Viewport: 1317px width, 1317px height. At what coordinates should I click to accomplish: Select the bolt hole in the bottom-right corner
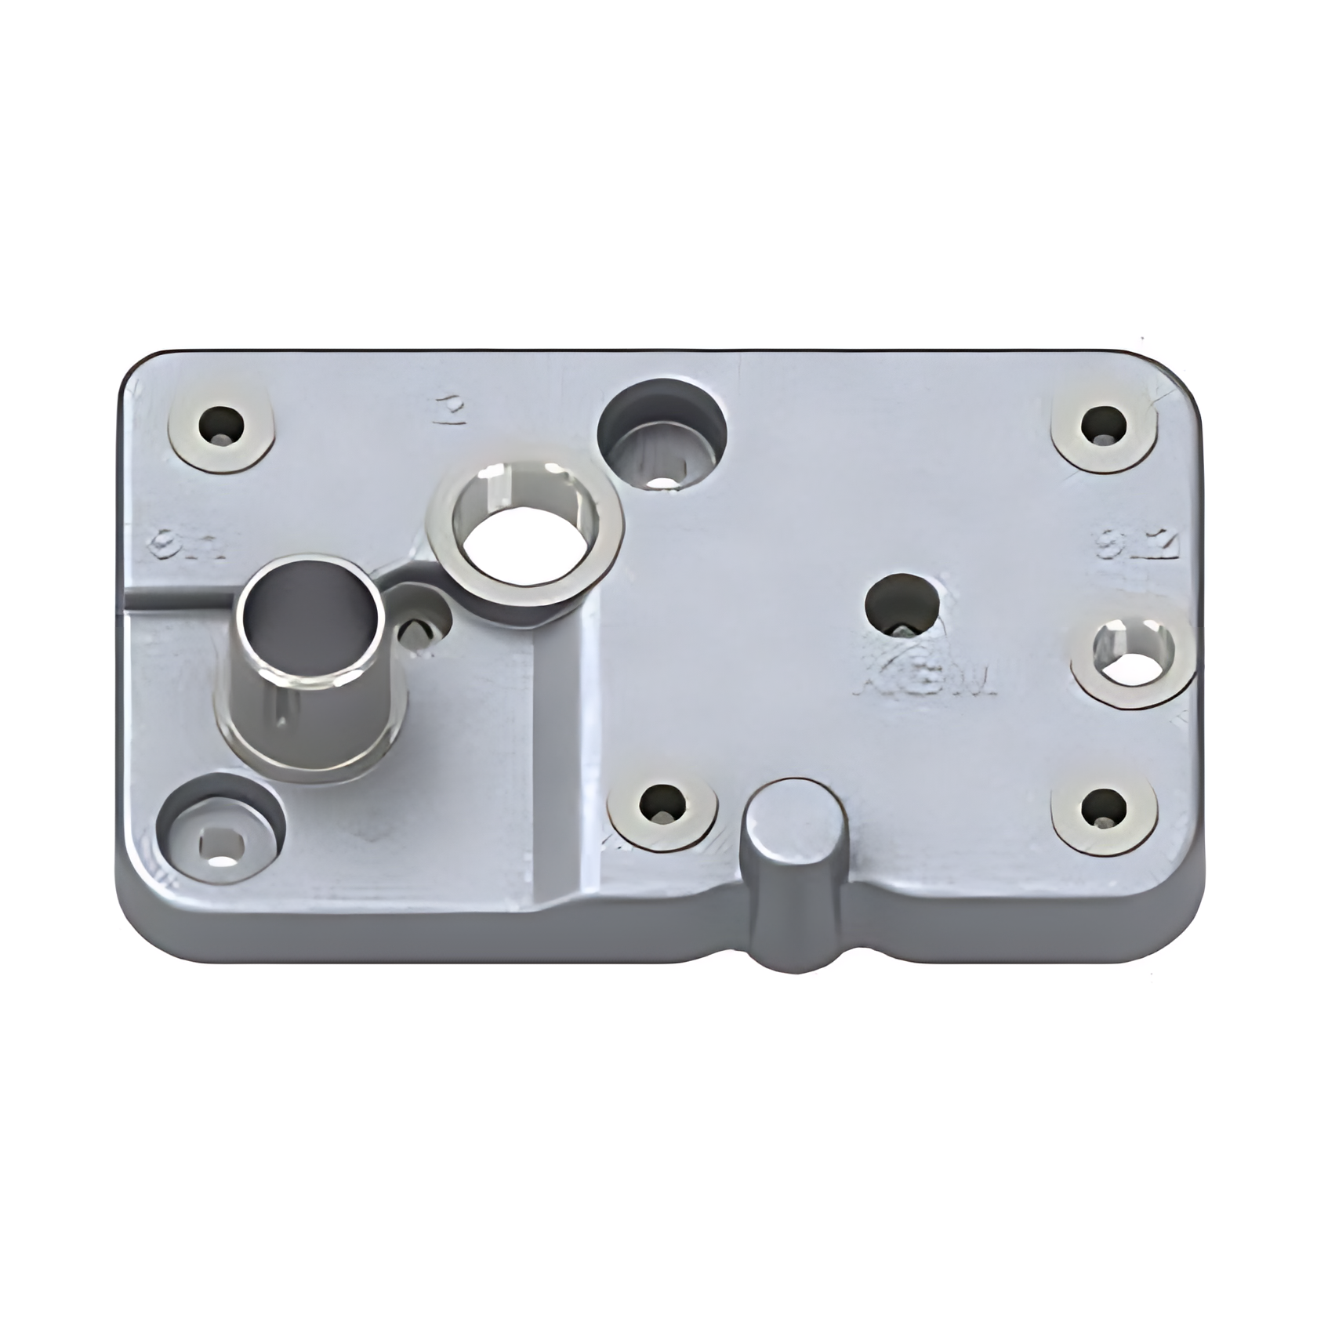(1104, 810)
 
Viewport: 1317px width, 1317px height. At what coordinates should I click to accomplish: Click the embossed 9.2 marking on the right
(1137, 546)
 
